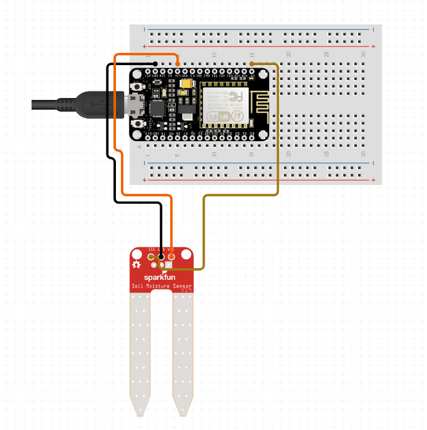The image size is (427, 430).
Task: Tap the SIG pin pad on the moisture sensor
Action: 151,257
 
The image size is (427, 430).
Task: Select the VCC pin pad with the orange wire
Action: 171,257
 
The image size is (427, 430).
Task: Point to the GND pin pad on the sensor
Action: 161,257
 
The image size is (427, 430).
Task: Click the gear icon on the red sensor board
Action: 137,265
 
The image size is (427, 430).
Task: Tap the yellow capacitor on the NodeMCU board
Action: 186,83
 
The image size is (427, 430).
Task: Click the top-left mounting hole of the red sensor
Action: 137,255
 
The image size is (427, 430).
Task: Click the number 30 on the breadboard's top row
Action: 364,54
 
